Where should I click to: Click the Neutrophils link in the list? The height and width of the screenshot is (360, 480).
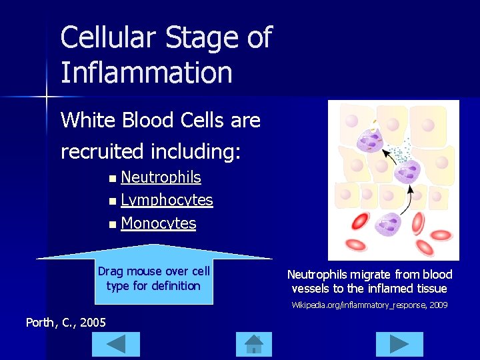[161, 177]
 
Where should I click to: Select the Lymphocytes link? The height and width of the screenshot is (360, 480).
[167, 200]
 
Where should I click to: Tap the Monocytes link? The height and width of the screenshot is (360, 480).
[159, 223]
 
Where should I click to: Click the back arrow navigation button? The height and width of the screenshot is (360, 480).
[116, 344]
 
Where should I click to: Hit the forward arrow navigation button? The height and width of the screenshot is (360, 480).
[399, 344]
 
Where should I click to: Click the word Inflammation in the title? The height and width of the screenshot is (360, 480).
[146, 72]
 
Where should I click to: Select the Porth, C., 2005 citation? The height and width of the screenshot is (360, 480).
[65, 323]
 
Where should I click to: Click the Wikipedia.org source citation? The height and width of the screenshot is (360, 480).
[369, 305]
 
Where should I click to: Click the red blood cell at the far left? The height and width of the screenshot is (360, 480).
[361, 222]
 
